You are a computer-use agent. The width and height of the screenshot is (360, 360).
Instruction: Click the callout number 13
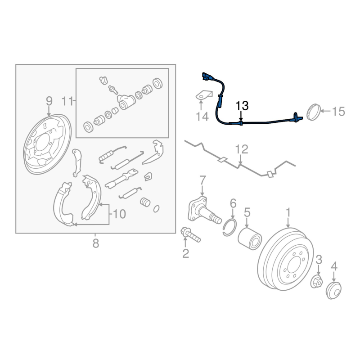(242, 106)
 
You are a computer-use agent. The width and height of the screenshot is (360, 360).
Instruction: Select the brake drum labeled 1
(286, 259)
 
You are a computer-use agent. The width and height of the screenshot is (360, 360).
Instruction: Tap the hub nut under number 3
(317, 282)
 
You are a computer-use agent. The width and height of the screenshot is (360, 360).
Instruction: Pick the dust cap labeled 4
(333, 290)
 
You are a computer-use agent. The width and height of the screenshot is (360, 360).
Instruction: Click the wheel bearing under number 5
(249, 238)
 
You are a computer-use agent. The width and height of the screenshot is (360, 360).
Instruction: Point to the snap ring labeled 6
(229, 228)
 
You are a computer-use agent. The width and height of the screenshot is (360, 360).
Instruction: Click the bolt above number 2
(190, 234)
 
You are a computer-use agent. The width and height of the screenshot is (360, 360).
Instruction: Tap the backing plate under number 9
(47, 144)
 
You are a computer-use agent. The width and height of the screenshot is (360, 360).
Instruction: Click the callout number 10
(119, 214)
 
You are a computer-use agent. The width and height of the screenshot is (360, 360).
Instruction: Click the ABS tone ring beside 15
(313, 112)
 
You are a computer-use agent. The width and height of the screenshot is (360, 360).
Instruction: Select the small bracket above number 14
(204, 95)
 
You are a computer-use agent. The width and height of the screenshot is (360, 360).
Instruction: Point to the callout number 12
(242, 149)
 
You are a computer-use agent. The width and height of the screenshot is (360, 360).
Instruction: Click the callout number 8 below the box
(96, 243)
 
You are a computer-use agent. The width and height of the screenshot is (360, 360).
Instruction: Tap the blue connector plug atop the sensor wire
(206, 76)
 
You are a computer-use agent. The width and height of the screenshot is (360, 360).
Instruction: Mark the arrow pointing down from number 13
(241, 116)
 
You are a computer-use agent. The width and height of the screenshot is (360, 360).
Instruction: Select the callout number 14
(202, 117)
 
